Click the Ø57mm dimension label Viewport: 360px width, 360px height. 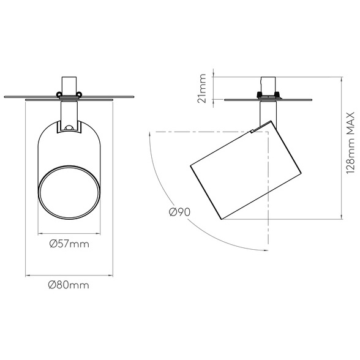(x=69, y=244)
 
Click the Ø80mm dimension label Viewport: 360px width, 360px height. (x=69, y=285)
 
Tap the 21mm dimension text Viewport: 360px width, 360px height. (x=202, y=88)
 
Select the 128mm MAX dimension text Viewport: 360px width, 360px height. (x=351, y=143)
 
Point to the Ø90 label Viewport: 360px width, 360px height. (x=179, y=212)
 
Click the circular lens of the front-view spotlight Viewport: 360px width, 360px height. (x=69, y=192)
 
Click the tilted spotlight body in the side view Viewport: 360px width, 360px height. (x=246, y=170)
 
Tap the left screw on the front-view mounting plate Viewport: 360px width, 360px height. (x=59, y=94)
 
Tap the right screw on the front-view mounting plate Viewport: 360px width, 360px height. (x=79, y=94)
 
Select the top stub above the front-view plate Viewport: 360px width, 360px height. (x=69, y=86)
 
